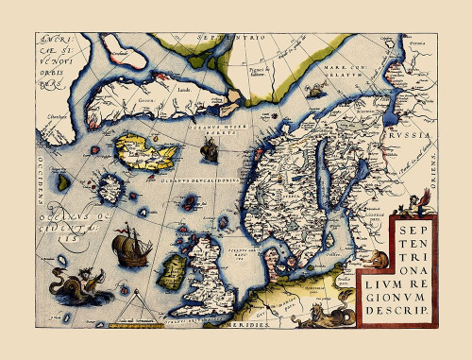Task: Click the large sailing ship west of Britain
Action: pos(129,250)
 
